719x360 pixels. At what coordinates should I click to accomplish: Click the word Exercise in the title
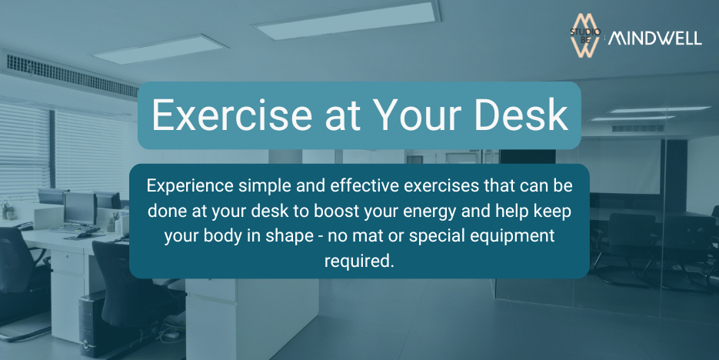[232, 115]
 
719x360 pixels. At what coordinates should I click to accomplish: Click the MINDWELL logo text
[655, 38]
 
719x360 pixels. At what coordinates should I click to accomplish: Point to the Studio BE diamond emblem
[585, 35]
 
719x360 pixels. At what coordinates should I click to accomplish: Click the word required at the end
[359, 262]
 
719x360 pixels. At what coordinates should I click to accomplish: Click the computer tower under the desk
[93, 324]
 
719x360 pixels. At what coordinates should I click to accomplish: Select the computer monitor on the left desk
[80, 208]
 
